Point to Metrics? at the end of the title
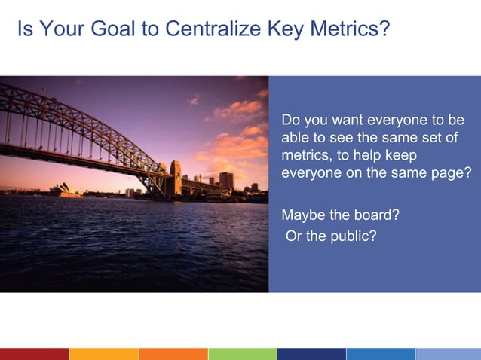(348, 29)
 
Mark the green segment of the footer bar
(242, 354)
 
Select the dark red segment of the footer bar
(34, 354)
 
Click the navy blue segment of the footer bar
(311, 354)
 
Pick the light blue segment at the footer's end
(448, 354)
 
